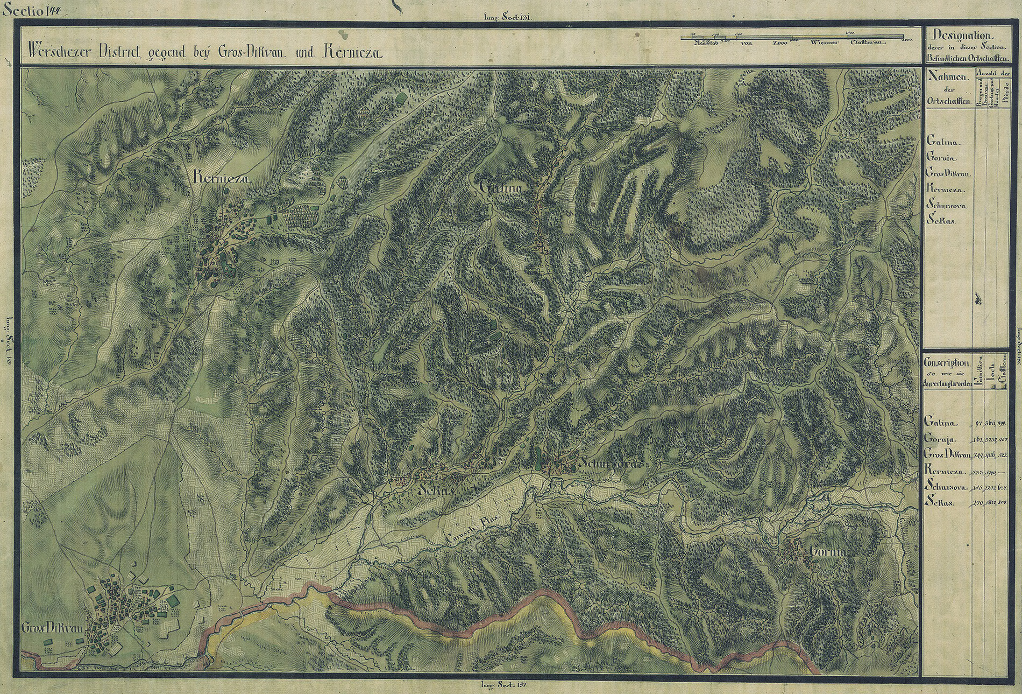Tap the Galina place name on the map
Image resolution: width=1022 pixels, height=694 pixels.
[500, 188]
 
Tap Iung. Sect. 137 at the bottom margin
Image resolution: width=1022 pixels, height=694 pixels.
[501, 685]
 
